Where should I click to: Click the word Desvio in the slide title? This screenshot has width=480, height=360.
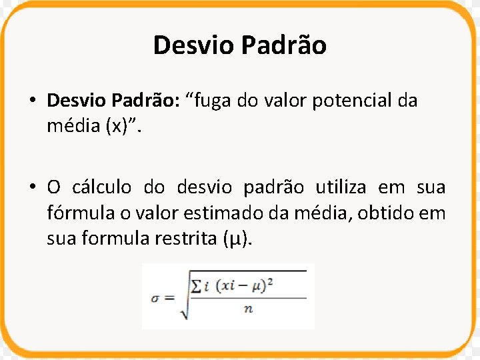tap(193, 45)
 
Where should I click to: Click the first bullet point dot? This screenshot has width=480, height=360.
tap(32, 101)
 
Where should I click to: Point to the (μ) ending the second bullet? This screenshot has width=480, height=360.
tap(237, 239)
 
